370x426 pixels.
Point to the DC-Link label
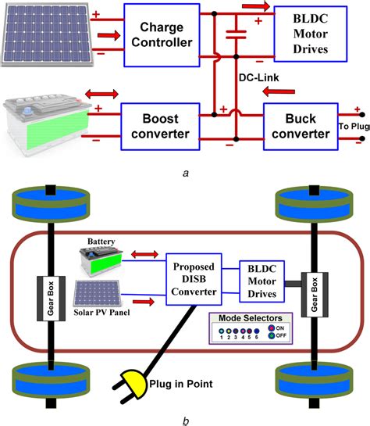[258, 77]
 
